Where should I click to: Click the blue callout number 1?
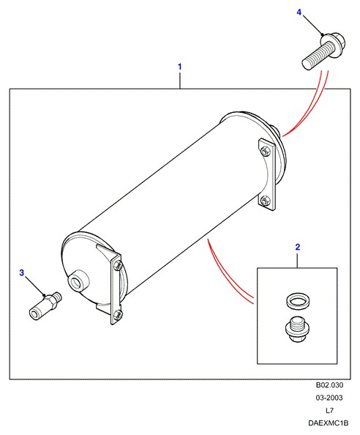180,67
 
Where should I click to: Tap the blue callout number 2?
297,247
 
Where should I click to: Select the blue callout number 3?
22,272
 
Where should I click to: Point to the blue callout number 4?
299,12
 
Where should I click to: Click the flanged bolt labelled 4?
323,51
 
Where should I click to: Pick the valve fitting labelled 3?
45,306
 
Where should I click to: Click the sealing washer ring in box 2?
298,301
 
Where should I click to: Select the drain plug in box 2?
297,329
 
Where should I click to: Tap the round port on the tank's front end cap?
78,280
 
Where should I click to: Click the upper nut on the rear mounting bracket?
265,151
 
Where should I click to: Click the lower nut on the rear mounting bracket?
265,200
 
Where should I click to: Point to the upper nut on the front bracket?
118,266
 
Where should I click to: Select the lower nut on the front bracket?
118,314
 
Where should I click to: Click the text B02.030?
329,385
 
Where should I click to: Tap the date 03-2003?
329,398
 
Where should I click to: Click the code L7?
329,410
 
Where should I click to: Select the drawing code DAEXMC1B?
328,423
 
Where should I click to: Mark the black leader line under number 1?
180,81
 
